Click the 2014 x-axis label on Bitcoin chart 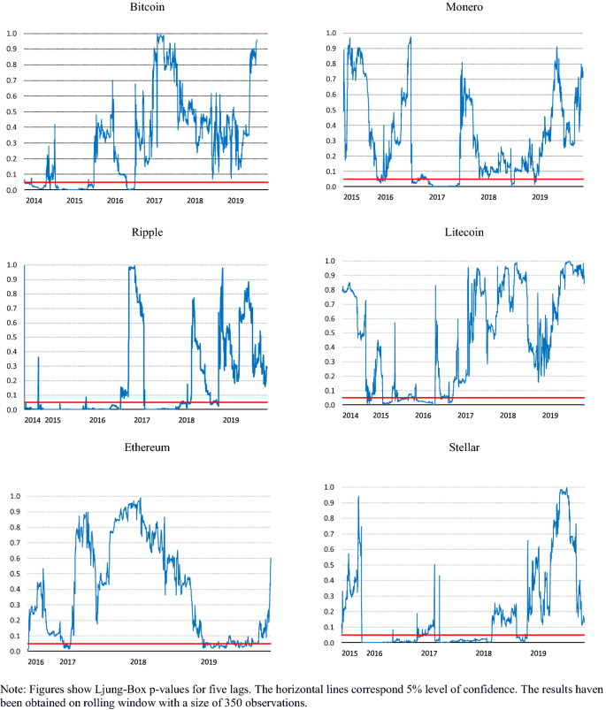coord(34,202)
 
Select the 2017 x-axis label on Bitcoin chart coord(154,202)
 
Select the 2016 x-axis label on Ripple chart coord(96,419)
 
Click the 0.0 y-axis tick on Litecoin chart coord(328,405)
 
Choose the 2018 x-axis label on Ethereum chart coord(138,661)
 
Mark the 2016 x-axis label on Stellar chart coord(374,653)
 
